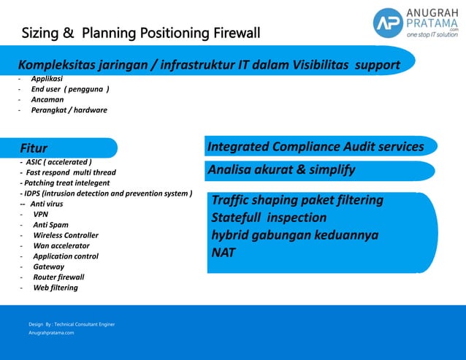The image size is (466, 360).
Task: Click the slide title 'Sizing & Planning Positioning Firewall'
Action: [140, 34]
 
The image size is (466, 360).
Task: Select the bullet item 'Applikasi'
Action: [46, 78]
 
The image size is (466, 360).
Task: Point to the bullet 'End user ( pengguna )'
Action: [70, 89]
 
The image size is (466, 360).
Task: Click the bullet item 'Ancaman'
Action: [47, 99]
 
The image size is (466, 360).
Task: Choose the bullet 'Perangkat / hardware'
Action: [69, 110]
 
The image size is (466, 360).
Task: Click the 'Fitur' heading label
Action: [34, 148]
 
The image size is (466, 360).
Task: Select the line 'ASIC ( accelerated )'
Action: [58, 162]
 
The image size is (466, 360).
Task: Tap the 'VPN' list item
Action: [41, 215]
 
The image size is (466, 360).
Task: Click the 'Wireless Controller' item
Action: [65, 235]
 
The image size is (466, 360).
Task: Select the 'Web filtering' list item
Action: [55, 288]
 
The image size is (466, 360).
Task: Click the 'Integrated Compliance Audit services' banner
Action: [316, 147]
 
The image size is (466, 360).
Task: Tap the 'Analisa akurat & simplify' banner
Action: [281, 170]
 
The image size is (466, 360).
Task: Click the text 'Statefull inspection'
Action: [269, 218]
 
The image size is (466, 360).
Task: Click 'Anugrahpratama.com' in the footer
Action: [51, 332]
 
